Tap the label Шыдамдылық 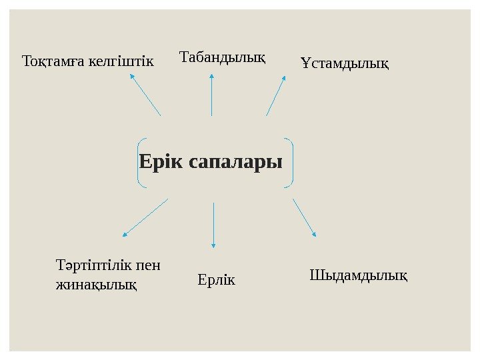click(x=359, y=274)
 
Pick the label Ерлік click(x=217, y=279)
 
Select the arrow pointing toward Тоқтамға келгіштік click(x=145, y=94)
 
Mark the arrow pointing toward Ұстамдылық click(x=275, y=96)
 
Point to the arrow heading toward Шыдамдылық click(x=304, y=217)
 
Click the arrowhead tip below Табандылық click(x=211, y=75)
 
